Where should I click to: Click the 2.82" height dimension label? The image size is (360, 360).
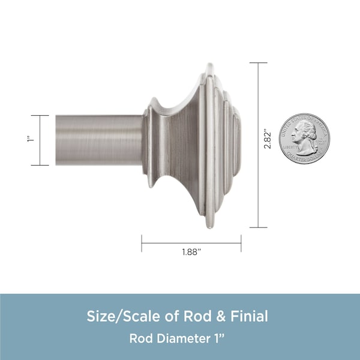(267, 140)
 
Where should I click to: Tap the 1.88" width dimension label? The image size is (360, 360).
(191, 252)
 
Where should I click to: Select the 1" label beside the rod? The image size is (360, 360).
(31, 139)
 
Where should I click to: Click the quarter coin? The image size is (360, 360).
(304, 139)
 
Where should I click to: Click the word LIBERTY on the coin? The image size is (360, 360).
(290, 146)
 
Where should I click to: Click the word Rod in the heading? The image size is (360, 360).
(197, 316)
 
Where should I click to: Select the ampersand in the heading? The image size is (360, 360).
(221, 316)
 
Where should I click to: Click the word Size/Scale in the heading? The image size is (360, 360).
(124, 316)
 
